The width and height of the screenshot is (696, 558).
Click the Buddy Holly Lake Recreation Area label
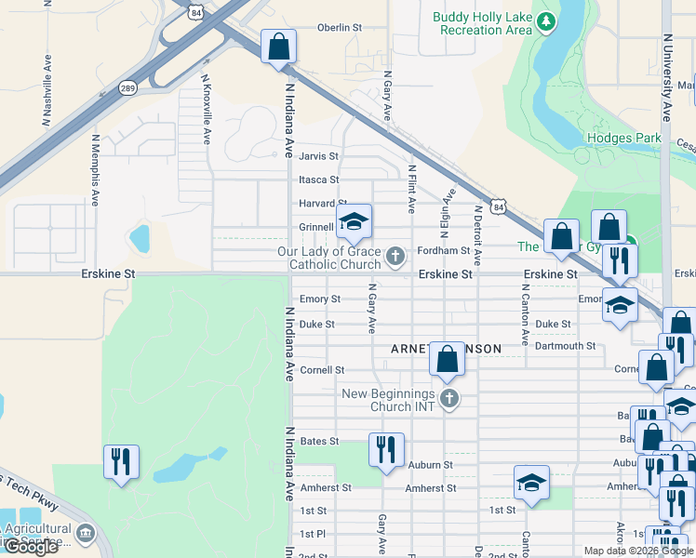pos(481,23)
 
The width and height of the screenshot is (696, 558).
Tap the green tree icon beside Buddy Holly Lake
pos(548,20)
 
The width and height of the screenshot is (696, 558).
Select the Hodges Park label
pos(623,139)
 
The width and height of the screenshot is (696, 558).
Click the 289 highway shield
pos(128,88)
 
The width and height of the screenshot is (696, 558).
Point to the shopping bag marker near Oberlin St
pos(278,46)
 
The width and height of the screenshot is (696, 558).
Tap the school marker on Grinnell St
pos(353,222)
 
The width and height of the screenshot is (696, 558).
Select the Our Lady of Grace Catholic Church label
pos(335,259)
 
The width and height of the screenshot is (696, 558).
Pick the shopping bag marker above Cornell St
pos(448,358)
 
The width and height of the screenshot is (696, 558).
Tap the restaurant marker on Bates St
pos(385,450)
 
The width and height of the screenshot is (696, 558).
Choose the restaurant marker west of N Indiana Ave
pos(121,462)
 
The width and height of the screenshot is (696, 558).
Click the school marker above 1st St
pos(531,483)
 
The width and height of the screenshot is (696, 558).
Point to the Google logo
pos(31,547)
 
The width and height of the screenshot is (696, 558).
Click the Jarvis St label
pos(318,156)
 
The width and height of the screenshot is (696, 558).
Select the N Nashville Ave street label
pos(46,90)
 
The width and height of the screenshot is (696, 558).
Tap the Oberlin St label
pos(339,28)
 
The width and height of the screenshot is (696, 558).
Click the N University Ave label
pos(666,79)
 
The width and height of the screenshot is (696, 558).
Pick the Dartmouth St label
pos(566,346)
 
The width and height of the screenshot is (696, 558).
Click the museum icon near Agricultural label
pos(86,533)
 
